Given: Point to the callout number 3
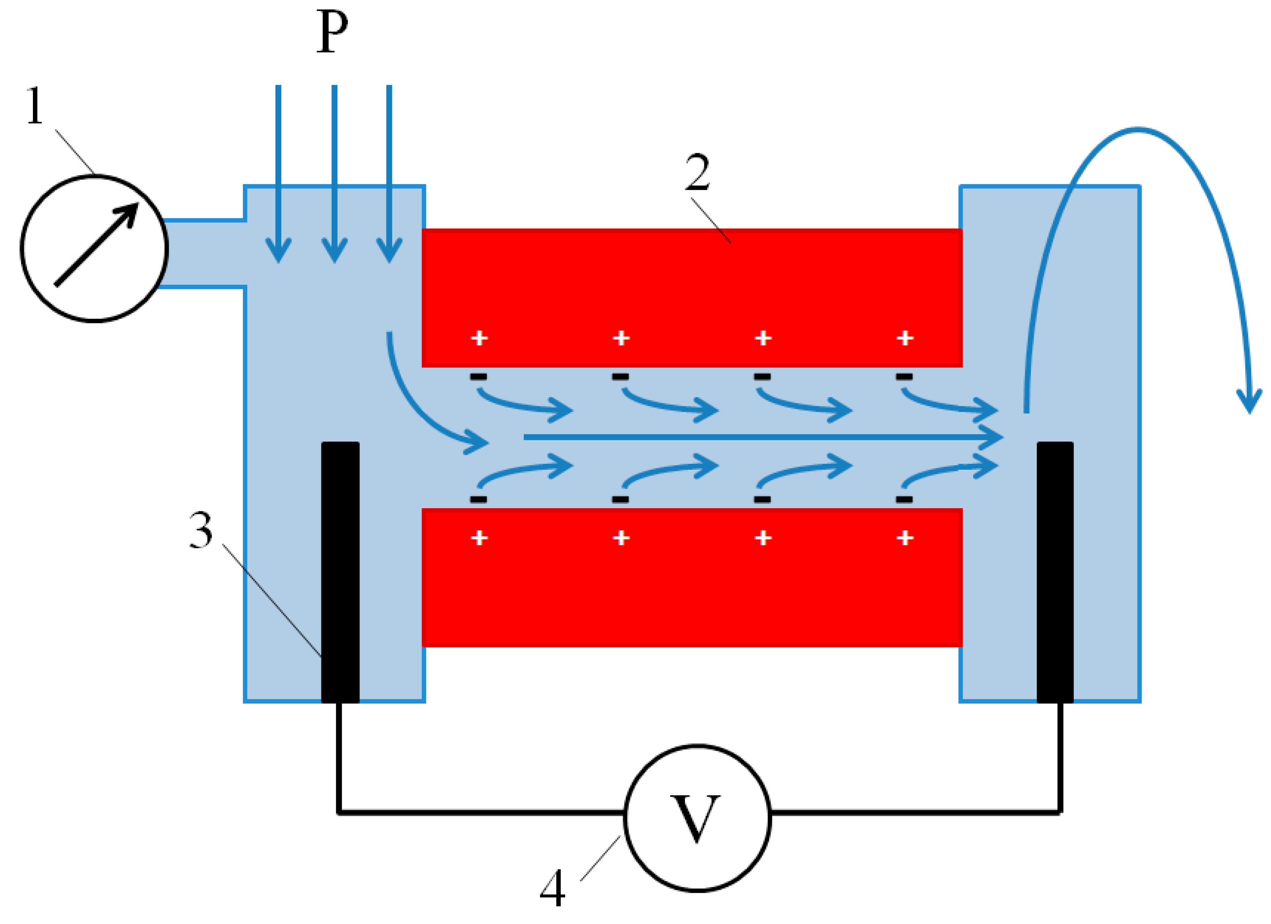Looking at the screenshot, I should [x=201, y=530].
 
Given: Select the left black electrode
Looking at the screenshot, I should [x=340, y=572].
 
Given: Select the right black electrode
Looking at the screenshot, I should [x=1055, y=572].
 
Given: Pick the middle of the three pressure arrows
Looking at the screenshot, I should [x=334, y=174].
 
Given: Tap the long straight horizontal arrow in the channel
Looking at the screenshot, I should [x=757, y=436].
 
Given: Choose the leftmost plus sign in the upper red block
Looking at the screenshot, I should [x=479, y=338].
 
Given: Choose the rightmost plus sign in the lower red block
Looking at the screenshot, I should [x=905, y=538].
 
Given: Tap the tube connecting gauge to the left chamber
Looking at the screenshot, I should [x=205, y=253].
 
